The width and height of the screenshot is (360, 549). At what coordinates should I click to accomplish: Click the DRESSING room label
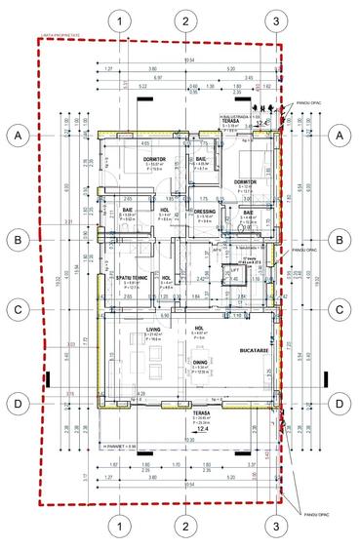[x=205, y=211]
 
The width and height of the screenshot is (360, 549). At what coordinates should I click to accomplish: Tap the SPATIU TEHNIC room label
[x=129, y=278]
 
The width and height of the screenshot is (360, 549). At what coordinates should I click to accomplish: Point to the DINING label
[x=199, y=365]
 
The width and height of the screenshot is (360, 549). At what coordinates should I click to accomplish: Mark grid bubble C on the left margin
[x=18, y=310]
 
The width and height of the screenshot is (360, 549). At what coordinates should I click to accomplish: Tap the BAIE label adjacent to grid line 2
[x=200, y=159]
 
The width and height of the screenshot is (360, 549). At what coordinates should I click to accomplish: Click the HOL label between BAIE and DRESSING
[x=165, y=210]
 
